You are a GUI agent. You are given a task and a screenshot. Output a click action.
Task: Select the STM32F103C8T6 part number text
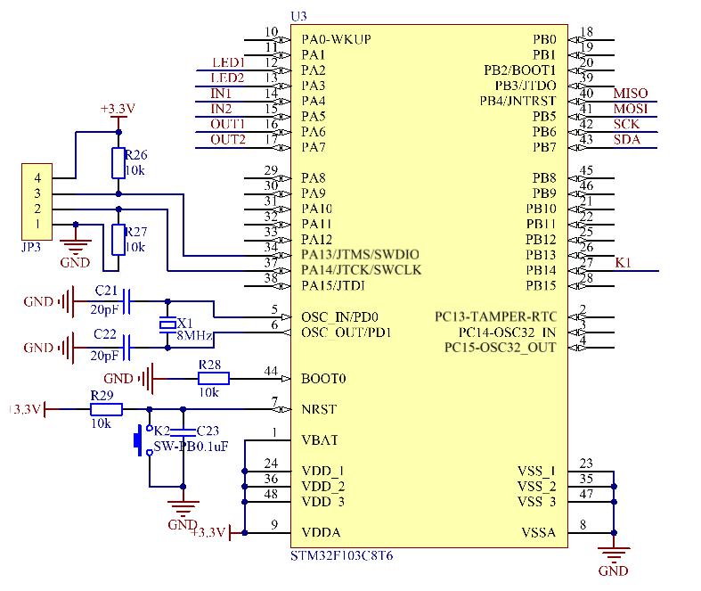[342, 554]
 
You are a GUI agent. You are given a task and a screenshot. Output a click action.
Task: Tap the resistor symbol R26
[118, 162]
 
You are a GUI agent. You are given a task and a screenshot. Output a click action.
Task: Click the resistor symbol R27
[118, 239]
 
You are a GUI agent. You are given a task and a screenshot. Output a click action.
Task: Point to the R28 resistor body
[213, 379]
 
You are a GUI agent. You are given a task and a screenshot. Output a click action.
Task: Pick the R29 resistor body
[106, 409]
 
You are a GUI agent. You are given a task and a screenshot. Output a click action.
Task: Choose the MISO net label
[631, 94]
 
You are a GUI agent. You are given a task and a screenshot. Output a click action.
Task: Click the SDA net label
[627, 139]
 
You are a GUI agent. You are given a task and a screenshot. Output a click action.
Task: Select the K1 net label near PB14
[624, 262]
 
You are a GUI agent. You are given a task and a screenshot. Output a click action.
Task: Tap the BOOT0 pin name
[323, 378]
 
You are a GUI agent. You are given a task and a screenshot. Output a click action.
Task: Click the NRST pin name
[319, 409]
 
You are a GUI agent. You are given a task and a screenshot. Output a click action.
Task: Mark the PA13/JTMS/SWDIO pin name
[361, 255]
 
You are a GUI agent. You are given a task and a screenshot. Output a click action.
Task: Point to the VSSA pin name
[538, 533]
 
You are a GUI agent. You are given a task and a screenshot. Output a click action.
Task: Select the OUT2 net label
[228, 139]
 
